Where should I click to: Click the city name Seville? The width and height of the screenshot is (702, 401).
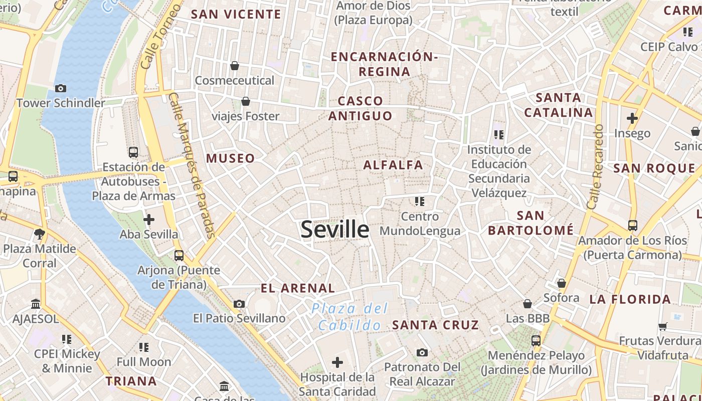click(335, 229)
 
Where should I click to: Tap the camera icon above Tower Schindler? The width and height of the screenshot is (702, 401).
click(61, 89)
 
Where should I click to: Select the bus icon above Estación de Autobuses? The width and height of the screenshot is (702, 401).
click(133, 152)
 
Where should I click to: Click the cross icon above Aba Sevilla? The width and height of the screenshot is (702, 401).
click(149, 220)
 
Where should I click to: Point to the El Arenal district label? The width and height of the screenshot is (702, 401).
click(298, 288)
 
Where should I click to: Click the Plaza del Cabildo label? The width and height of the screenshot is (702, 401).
click(350, 317)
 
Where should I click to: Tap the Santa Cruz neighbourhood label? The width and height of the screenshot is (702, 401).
click(436, 325)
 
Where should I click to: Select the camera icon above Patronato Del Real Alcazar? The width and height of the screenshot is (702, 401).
click(422, 352)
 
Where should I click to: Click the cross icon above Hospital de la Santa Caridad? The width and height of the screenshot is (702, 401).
click(337, 362)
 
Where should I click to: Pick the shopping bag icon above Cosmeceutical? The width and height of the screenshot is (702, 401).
click(235, 66)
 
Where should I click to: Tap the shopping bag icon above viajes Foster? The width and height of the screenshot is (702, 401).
click(246, 102)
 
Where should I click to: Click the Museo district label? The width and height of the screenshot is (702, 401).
click(231, 158)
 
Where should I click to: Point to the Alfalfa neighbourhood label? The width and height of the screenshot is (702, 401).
click(393, 165)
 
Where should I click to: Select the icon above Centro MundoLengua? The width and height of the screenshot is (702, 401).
click(420, 202)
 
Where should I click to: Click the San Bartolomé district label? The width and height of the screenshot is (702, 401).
click(531, 223)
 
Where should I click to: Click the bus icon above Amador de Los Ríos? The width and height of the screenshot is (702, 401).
click(633, 226)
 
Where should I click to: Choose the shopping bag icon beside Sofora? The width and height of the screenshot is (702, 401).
click(562, 283)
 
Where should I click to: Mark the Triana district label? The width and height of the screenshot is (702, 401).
click(131, 381)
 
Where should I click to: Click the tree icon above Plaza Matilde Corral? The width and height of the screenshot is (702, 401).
click(40, 234)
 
